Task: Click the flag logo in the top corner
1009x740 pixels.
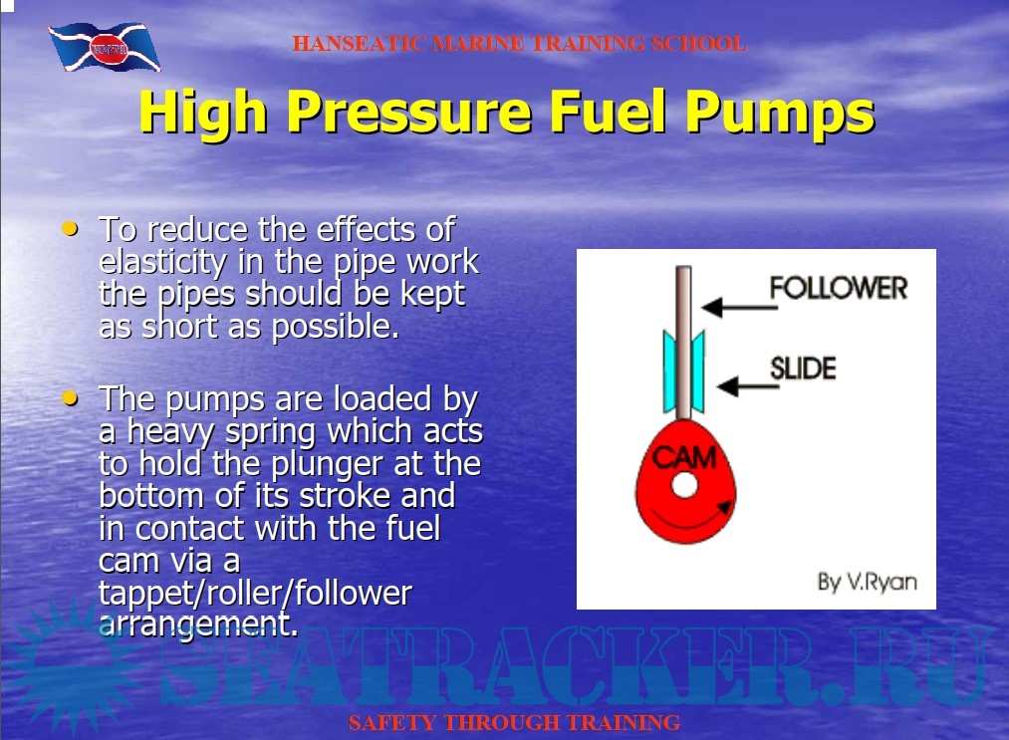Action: point(105,47)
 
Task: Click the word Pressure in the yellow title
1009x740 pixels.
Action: point(409,112)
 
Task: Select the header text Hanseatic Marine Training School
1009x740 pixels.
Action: point(519,44)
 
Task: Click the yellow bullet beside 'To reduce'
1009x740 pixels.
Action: point(70,228)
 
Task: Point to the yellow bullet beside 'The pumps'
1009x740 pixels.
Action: point(70,397)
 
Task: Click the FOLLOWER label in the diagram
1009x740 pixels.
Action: point(839,288)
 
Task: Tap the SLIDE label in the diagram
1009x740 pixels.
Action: point(803,369)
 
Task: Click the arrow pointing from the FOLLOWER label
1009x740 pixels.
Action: point(739,307)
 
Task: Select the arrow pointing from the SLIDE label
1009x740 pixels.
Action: point(748,386)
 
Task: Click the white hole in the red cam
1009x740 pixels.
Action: point(684,485)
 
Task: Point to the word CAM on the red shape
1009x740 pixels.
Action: point(684,457)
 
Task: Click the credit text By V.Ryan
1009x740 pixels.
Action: point(867,582)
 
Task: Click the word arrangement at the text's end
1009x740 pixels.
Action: point(198,624)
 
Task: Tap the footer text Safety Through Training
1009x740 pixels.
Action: point(514,723)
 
